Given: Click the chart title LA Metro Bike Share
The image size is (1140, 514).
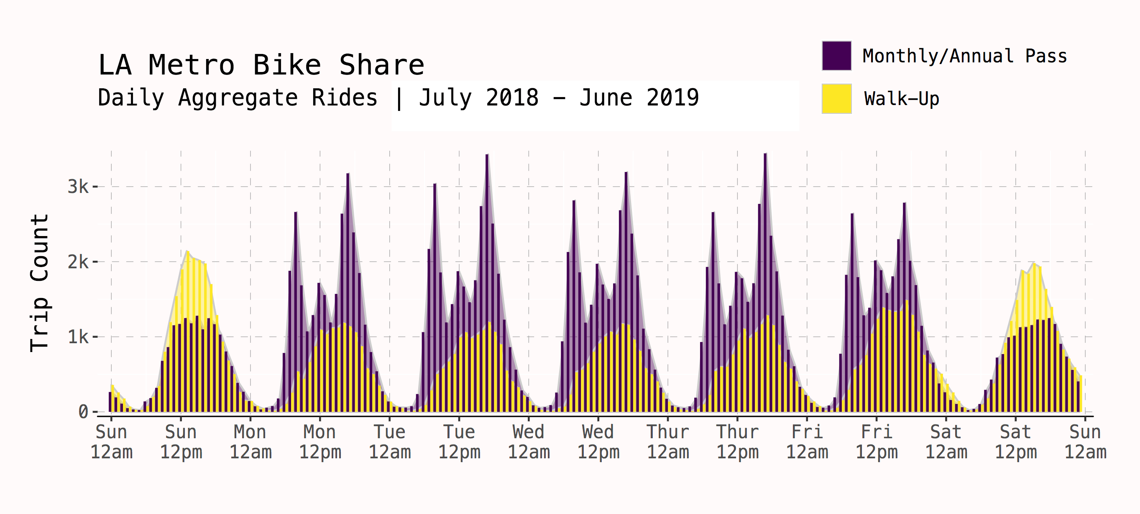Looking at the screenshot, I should [261, 65].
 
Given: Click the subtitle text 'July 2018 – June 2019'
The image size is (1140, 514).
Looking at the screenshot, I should [558, 98].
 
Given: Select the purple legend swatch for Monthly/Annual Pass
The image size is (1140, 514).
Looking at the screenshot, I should [836, 56].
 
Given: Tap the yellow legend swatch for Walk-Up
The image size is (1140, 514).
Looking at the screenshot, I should [836, 98].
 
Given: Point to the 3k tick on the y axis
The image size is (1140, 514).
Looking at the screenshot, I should [78, 187].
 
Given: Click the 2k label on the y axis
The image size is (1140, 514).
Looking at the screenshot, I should [78, 262].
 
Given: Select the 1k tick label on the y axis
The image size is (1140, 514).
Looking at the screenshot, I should [78, 337].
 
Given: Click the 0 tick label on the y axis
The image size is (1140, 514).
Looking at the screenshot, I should [83, 412].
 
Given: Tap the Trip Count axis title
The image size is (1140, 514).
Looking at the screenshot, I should [40, 284].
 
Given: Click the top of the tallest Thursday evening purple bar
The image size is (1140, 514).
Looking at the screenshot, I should [765, 154].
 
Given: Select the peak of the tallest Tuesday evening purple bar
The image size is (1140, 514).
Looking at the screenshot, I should [487, 156].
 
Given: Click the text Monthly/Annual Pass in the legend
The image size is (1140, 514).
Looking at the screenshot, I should [965, 56].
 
